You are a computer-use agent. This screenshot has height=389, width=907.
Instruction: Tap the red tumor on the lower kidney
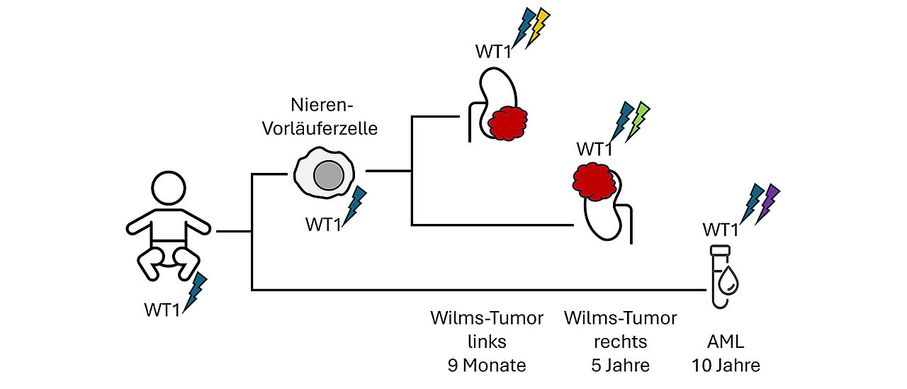pos(594,181)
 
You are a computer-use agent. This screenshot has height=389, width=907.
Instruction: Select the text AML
pos(726,342)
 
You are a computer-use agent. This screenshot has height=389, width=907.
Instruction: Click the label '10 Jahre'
pos(726,366)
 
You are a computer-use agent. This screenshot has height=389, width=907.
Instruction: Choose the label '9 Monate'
pos(487,366)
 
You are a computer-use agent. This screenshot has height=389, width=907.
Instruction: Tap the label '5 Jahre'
pos(620,366)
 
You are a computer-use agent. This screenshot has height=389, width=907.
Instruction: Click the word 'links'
pos(487,342)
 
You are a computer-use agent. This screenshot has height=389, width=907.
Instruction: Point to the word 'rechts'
pos(620,342)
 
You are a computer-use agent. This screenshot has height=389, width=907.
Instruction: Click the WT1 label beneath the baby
pos(162,310)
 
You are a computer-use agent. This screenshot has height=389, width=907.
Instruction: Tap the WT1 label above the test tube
pos(721,230)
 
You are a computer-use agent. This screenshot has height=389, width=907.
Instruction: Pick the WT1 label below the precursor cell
pos(324,225)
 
